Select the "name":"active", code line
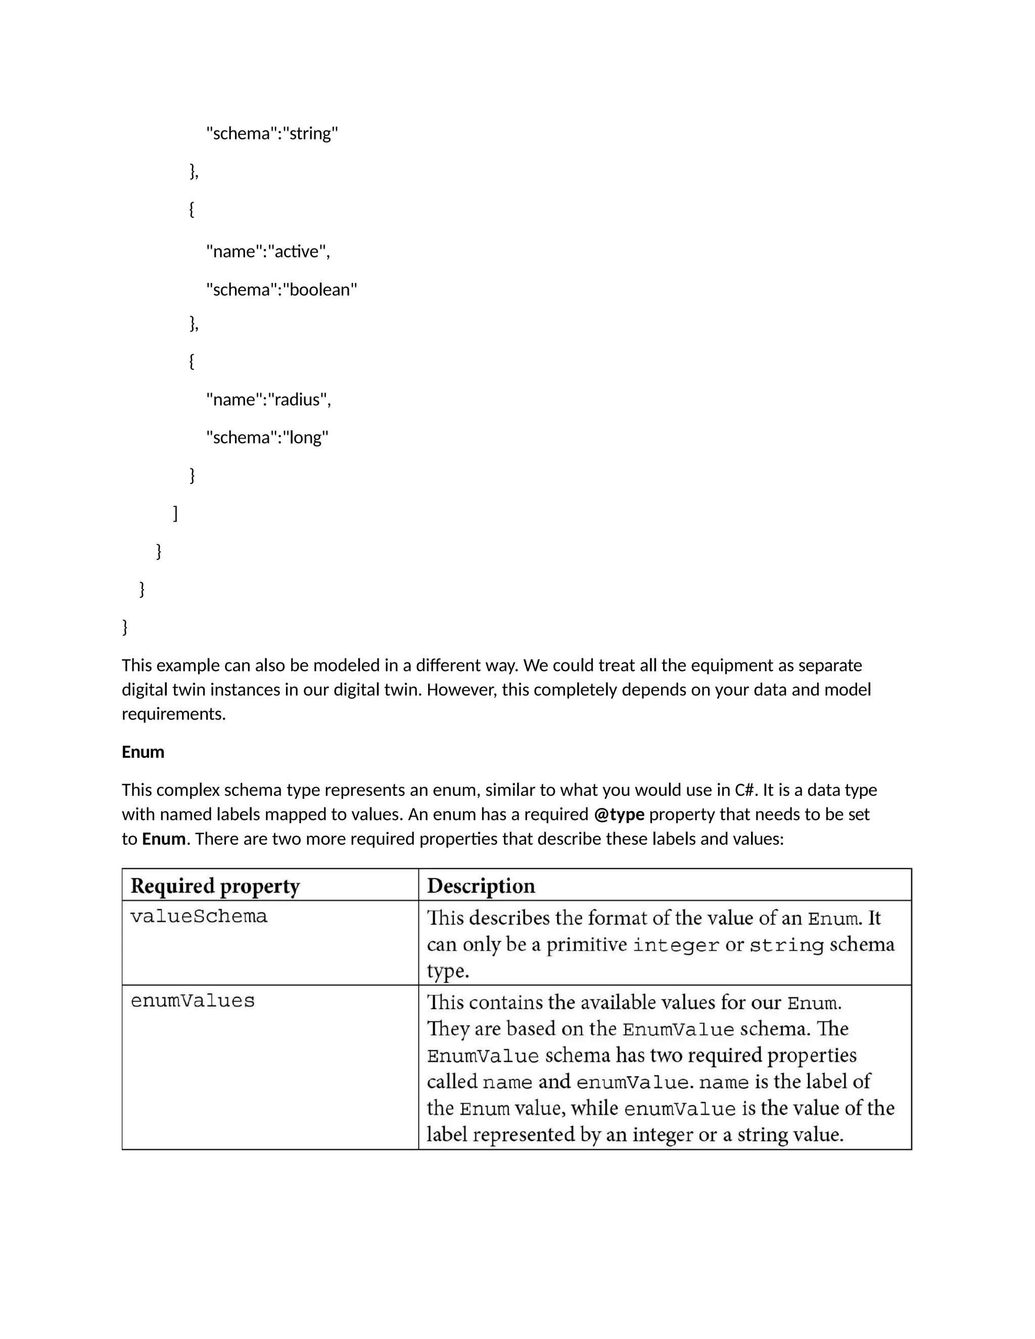coord(268,251)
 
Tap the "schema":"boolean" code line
coord(281,290)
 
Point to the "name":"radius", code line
coord(268,400)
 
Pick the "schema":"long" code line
coord(267,438)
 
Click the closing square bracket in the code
coord(175,513)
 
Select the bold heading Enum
coord(143,752)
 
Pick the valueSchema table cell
coord(199,917)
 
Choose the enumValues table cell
coord(193,1001)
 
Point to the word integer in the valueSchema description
coord(676,945)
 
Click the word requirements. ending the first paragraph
coord(173,714)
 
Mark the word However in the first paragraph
coord(460,690)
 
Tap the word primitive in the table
coord(586,945)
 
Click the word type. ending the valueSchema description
coord(448,972)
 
